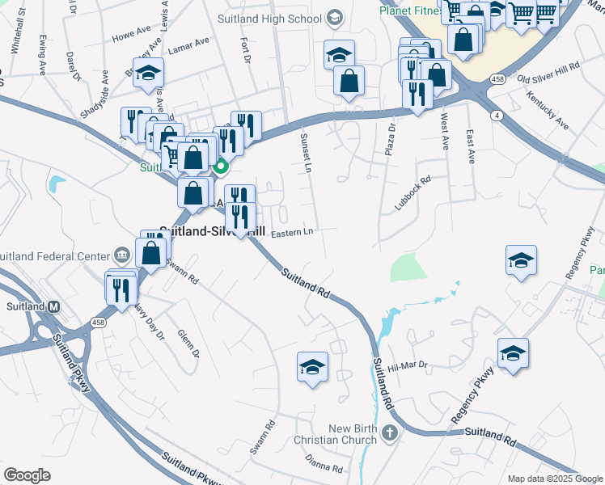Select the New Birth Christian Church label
[x=353, y=434]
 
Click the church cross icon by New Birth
[x=390, y=434]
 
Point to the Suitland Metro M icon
[x=54, y=307]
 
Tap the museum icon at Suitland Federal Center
[x=121, y=255]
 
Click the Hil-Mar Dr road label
[x=406, y=365]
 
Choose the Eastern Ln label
[x=291, y=233]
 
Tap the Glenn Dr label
[x=188, y=342]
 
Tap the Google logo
[x=27, y=475]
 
